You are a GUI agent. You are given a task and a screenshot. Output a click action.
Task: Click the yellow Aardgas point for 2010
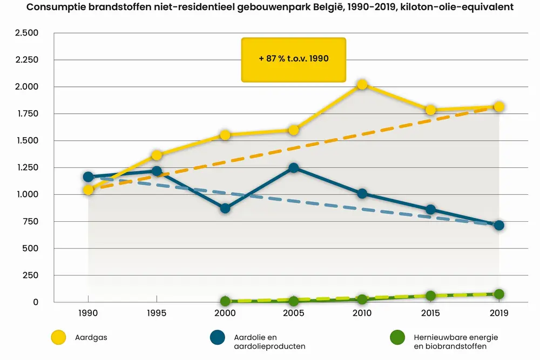click(x=362, y=84)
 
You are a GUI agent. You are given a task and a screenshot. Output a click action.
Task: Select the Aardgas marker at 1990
click(x=88, y=189)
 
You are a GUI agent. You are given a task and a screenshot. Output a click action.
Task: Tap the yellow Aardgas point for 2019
click(x=499, y=106)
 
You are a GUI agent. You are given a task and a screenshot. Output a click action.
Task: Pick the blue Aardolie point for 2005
click(x=294, y=168)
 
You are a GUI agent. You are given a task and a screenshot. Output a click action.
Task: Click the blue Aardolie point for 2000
click(x=225, y=208)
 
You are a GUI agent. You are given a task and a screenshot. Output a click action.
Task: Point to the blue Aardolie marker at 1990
click(x=88, y=176)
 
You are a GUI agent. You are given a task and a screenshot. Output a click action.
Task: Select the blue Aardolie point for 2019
click(x=499, y=225)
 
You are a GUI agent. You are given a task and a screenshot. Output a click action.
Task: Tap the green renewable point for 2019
click(x=499, y=294)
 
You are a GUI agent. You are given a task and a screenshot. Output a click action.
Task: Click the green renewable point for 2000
click(x=225, y=301)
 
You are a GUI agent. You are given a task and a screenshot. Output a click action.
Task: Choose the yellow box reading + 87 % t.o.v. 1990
click(x=293, y=59)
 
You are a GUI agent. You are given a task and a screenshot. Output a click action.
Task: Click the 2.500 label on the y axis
click(x=26, y=33)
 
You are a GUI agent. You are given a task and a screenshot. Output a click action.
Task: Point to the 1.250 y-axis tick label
click(x=26, y=168)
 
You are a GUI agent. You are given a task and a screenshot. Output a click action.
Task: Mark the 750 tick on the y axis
click(x=31, y=222)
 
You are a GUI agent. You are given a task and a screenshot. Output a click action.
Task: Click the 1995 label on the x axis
click(x=157, y=313)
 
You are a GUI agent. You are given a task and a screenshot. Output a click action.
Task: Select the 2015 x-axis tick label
click(x=430, y=313)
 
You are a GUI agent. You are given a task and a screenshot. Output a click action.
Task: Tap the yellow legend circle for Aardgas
click(x=58, y=338)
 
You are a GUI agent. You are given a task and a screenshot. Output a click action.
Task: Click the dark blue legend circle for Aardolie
click(x=217, y=338)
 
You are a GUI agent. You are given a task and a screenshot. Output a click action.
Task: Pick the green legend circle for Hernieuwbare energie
click(x=397, y=338)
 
